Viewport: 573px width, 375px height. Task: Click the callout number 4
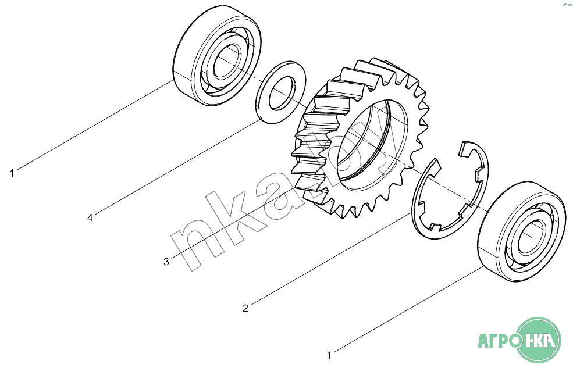tap(90, 218)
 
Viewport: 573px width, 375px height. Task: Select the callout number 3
tap(166, 262)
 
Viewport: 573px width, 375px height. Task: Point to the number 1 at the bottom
tap(329, 355)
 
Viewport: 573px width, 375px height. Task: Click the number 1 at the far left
tap(12, 173)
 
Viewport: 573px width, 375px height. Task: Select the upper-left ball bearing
tap(217, 56)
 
